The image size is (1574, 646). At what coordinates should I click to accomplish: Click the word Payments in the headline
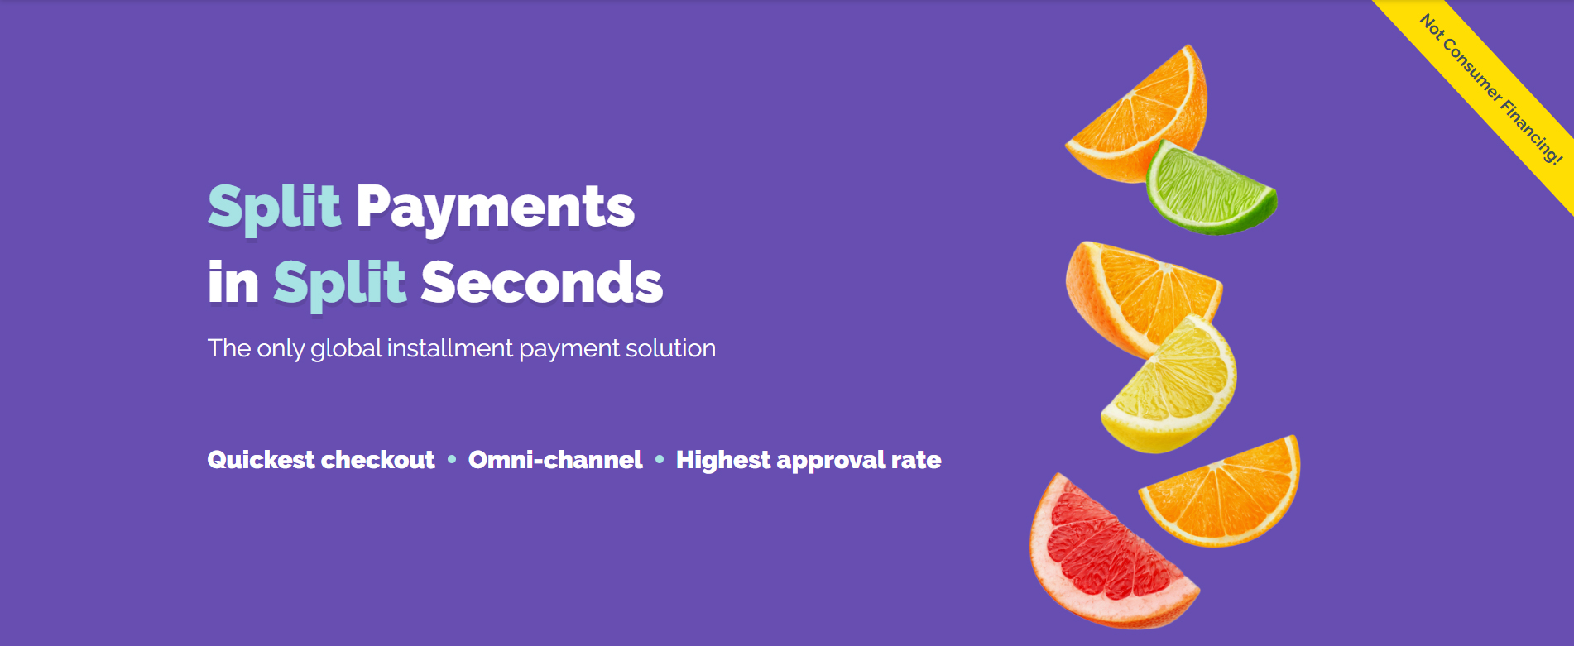click(495, 207)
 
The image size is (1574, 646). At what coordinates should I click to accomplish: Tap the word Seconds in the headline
click(541, 283)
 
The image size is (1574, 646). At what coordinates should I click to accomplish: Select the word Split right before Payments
click(274, 207)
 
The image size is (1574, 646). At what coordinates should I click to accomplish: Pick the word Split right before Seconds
click(339, 283)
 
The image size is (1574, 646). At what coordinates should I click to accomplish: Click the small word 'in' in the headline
click(233, 283)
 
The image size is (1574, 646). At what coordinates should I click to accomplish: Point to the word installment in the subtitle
click(449, 348)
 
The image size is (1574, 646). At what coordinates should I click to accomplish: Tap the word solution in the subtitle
click(670, 348)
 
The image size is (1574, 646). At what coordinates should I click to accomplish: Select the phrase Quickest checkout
click(321, 460)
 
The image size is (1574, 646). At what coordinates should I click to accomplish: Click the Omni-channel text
click(555, 460)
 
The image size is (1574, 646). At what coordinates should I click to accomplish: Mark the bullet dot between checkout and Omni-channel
click(452, 459)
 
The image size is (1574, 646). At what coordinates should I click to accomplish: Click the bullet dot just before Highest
click(660, 459)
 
